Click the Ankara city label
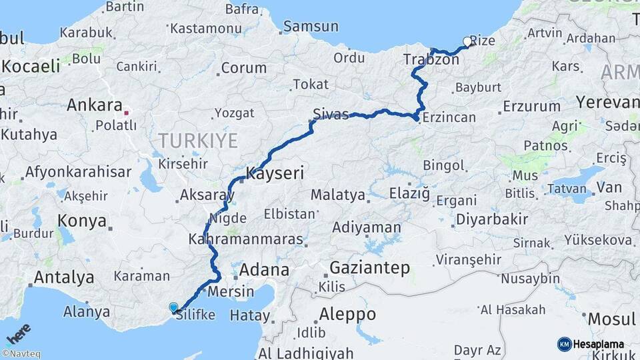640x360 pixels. (94, 105)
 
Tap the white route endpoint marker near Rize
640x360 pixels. (467, 41)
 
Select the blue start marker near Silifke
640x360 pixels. (174, 307)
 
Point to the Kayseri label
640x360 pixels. (275, 173)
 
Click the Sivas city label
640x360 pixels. (331, 115)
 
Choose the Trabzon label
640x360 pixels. (431, 60)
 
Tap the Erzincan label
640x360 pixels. (451, 118)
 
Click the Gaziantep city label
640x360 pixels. (369, 269)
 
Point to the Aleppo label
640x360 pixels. (347, 314)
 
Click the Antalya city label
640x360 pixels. (63, 277)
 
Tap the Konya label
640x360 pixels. (82, 221)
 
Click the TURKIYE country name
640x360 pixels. (198, 140)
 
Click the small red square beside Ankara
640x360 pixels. (126, 112)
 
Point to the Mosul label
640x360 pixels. (611, 319)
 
